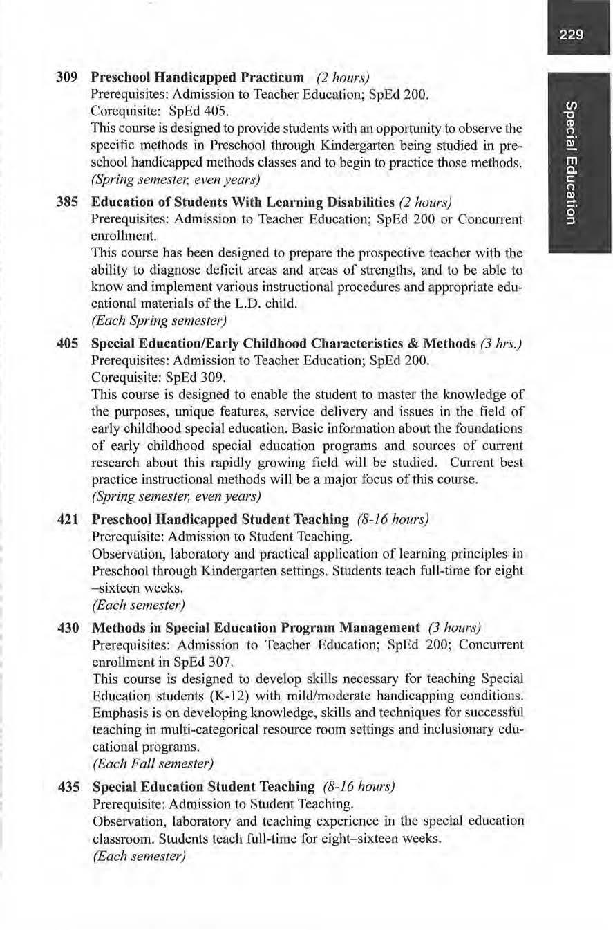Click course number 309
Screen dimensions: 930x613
point(66,77)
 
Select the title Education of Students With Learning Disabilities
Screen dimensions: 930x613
point(242,203)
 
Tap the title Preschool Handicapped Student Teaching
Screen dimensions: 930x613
point(220,519)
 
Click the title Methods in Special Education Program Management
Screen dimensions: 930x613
point(256,628)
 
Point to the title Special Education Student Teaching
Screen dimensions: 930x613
point(203,787)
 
